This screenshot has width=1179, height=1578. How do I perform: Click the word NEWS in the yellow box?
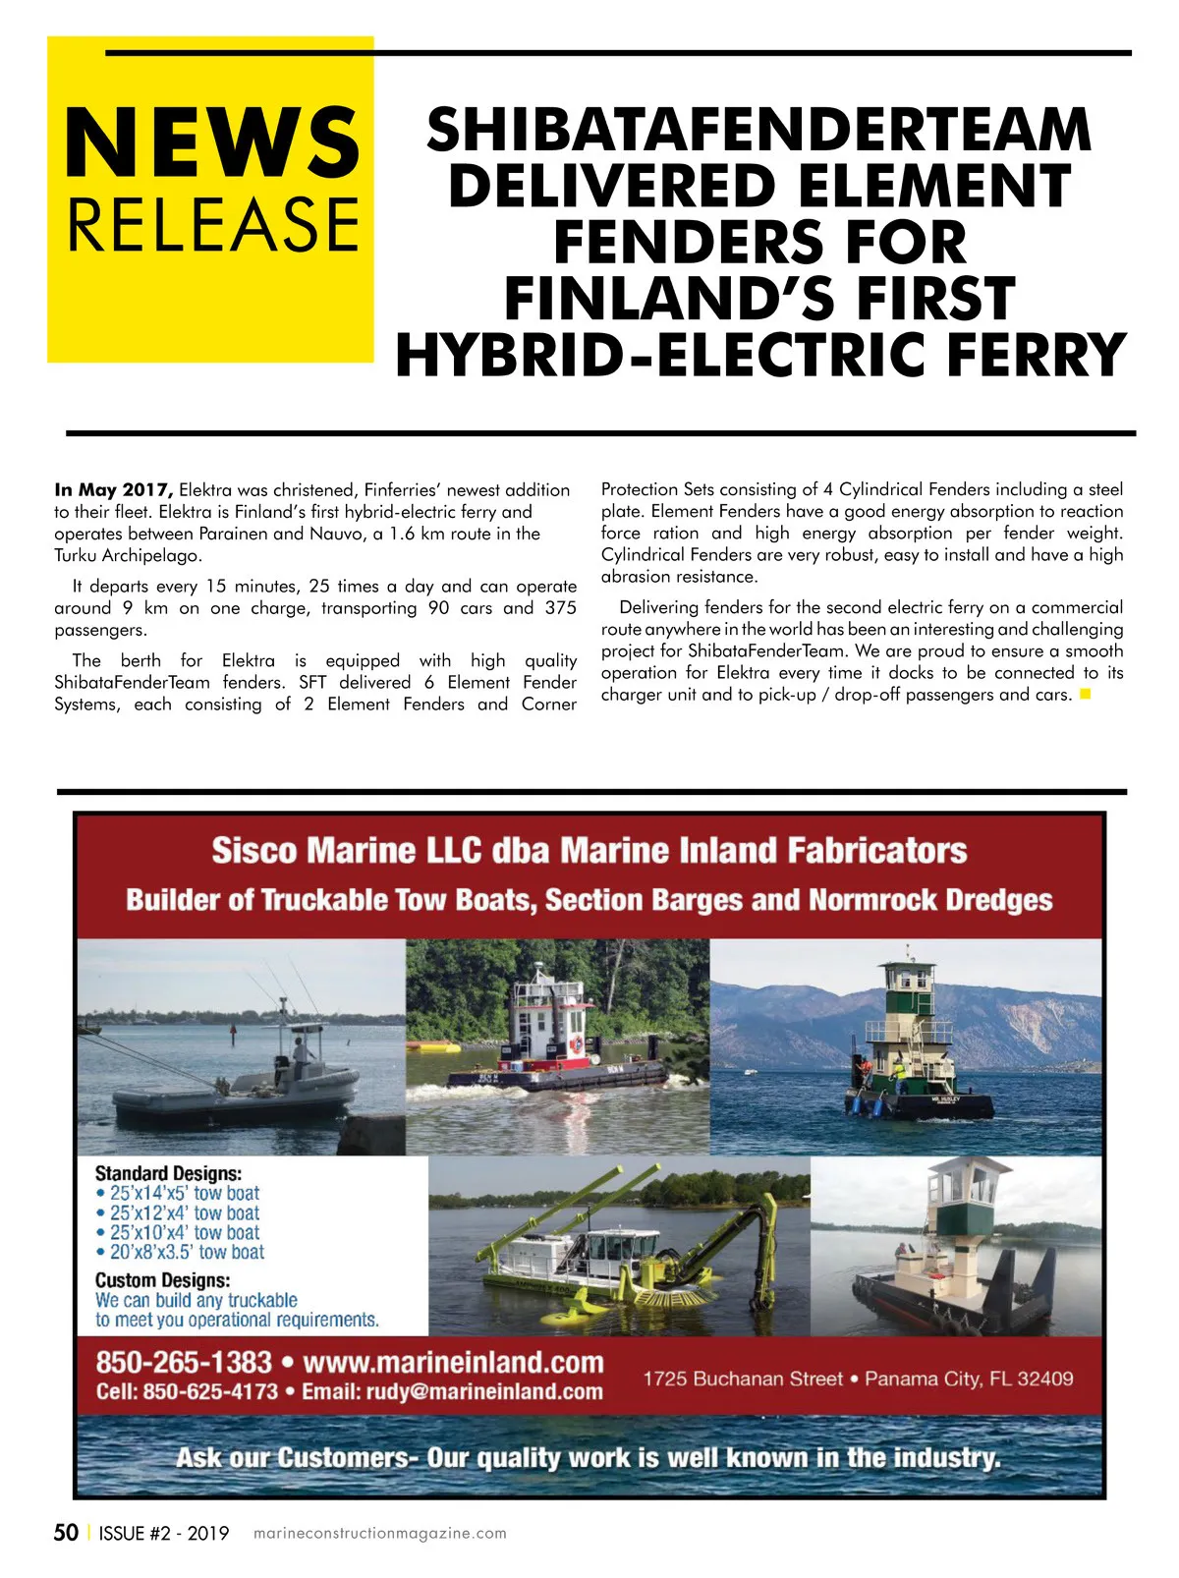click(212, 142)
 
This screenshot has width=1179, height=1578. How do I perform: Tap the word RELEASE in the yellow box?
click(212, 224)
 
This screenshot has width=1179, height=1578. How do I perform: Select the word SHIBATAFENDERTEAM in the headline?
click(758, 130)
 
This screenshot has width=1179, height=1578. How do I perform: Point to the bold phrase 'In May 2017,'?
click(114, 489)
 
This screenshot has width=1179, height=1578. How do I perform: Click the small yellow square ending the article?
click(1086, 695)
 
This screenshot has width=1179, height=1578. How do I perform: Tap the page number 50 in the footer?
click(66, 1533)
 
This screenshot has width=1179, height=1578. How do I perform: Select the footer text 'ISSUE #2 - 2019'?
click(164, 1534)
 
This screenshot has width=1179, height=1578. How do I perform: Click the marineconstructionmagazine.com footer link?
click(380, 1534)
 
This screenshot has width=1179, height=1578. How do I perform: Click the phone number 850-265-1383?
click(184, 1363)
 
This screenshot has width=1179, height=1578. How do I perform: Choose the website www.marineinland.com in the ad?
click(453, 1363)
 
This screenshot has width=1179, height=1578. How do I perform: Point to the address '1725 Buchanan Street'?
click(743, 1379)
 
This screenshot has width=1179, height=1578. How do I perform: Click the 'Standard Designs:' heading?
click(168, 1173)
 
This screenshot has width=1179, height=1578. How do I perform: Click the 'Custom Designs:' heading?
click(162, 1280)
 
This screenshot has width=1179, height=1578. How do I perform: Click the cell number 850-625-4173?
click(210, 1392)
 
